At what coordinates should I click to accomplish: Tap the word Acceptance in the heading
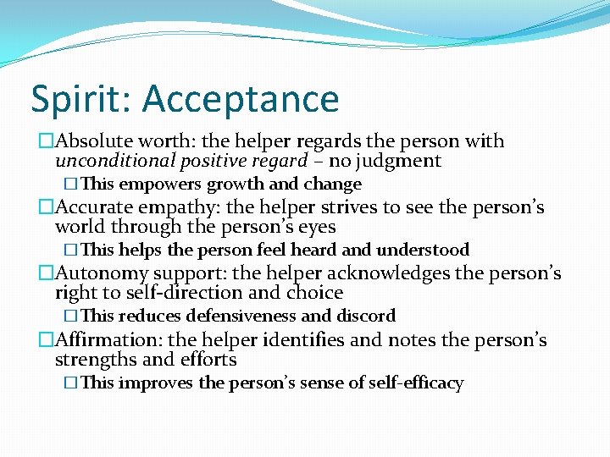(241, 99)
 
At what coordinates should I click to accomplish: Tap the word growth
(236, 184)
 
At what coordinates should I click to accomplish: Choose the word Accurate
(94, 207)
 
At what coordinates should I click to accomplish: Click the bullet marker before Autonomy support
(46, 273)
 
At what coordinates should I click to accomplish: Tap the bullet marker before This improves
(71, 383)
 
